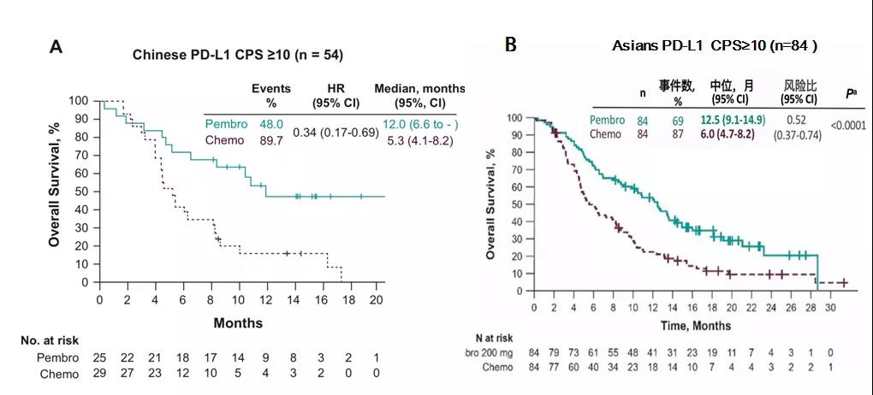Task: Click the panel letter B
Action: [x=511, y=44]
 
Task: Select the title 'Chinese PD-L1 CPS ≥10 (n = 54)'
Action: [x=238, y=55]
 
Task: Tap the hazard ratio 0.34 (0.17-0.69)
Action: [x=336, y=133]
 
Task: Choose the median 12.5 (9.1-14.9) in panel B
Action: [x=734, y=120]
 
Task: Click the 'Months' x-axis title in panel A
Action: [x=238, y=323]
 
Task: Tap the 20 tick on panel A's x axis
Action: [x=377, y=300]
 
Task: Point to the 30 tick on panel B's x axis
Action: [x=828, y=307]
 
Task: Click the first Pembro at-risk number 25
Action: [x=100, y=357]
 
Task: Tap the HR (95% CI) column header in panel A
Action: [x=336, y=95]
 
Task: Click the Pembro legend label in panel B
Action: [x=608, y=120]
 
